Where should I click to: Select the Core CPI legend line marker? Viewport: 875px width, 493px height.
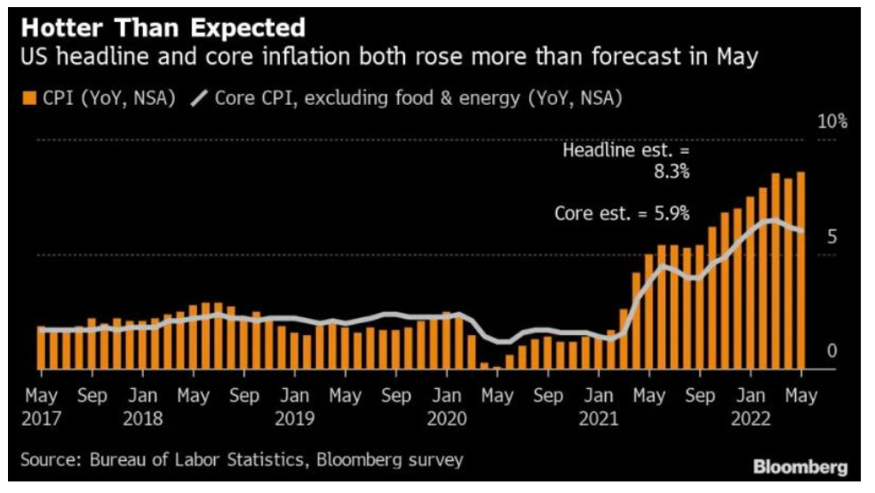pos(196,98)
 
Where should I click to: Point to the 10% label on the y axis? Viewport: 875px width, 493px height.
pos(832,123)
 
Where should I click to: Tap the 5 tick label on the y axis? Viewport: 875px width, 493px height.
pos(832,236)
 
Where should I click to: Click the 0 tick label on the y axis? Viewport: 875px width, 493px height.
pos(832,352)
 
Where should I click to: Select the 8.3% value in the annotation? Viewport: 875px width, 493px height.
pos(670,171)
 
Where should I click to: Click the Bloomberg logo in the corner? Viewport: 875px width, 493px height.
pos(800,465)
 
